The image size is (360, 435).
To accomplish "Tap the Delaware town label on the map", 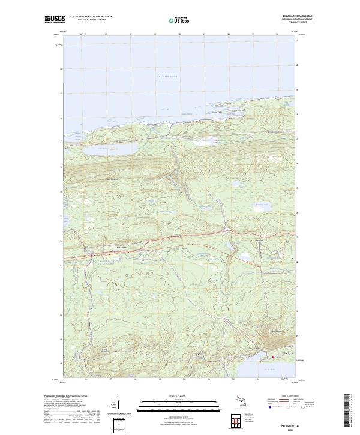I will tap(121, 247).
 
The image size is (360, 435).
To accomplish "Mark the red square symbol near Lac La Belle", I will tap(273, 357).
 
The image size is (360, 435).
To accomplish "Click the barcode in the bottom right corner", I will tap(349, 413).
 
